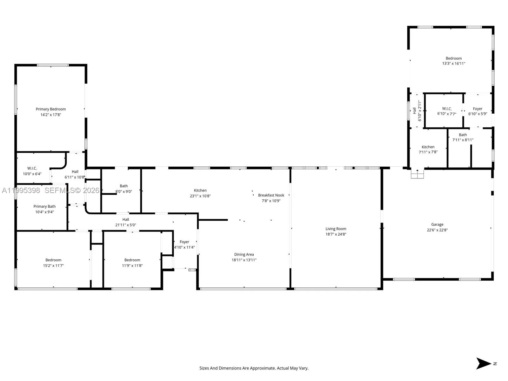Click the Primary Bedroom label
coord(50,109)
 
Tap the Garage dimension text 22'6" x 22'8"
coord(437,230)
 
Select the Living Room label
coord(336,229)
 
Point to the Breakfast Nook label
coord(271,195)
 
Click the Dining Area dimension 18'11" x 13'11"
coord(244,260)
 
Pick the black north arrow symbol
coord(483,364)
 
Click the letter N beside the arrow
coord(495,364)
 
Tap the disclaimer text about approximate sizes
coord(254,368)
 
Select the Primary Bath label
coord(44,206)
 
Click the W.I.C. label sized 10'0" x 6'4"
coord(32,169)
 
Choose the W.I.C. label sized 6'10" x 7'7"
coord(447,109)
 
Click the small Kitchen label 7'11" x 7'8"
coord(428,147)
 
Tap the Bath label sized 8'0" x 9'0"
coord(124,186)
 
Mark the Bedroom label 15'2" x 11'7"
coord(53,260)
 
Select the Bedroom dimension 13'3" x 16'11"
coord(453,63)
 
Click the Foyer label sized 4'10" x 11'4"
coord(184,242)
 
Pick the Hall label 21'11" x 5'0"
coord(126,219)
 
